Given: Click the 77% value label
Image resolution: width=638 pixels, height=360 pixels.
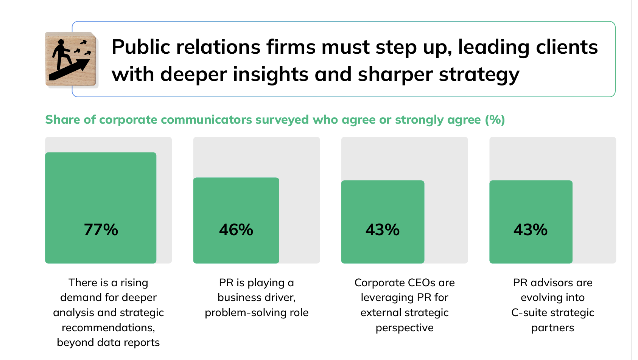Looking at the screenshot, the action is tap(101, 230).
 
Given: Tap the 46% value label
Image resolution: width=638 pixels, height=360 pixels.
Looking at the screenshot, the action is tap(236, 230).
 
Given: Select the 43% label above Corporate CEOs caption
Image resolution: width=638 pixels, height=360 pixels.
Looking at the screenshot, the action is tap(383, 230).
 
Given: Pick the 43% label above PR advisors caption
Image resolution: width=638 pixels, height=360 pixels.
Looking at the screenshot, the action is tap(531, 230).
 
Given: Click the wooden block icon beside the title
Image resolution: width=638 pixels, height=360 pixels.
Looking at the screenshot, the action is tap(71, 59).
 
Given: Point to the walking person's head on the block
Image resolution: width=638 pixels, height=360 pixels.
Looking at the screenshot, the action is tap(61, 42).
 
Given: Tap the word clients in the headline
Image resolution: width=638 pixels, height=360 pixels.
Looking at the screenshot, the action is tap(567, 47).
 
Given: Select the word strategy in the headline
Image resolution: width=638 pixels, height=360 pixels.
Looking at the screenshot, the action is tap(479, 74).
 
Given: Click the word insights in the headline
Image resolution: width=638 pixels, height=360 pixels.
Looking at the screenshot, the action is tap(270, 74).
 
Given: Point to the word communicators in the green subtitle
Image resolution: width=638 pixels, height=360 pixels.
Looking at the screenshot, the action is tap(206, 120).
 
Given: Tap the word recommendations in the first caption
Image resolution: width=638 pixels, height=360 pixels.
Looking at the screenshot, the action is tap(108, 327).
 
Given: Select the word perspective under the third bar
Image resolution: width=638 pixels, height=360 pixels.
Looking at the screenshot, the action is tap(405, 328).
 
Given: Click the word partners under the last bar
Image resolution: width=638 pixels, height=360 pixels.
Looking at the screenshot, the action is tap(552, 328).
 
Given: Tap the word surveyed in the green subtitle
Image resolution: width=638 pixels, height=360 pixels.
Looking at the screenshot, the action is tap(282, 120).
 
